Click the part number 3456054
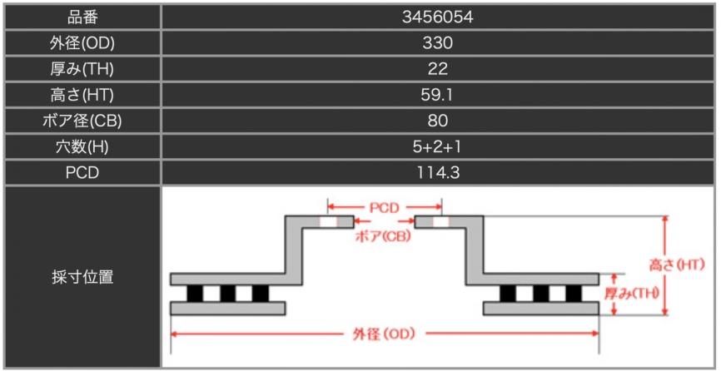[436, 17]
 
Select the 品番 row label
[82, 17]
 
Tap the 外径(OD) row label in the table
[82, 43]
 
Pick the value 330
[436, 43]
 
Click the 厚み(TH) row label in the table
[82, 69]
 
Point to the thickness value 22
[436, 69]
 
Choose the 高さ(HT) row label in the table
[82, 95]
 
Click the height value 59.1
[436, 95]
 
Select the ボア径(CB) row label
[82, 121]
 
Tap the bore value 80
[436, 121]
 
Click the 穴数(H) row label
[82, 147]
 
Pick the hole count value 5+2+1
[436, 147]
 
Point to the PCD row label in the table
[82, 173]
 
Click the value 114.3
[436, 173]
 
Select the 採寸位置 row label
[82, 277]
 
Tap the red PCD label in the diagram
[385, 208]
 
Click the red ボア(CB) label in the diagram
[384, 236]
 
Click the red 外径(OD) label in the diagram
[385, 334]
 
